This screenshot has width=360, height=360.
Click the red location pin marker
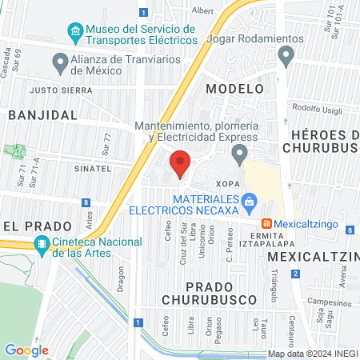pyautogui.click(x=180, y=163)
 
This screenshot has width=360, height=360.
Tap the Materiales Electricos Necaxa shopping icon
pyautogui.click(x=249, y=201)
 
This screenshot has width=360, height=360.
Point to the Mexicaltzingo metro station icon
pyautogui.click(x=267, y=223)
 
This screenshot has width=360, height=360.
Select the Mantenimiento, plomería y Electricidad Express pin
pyautogui.click(x=239, y=152)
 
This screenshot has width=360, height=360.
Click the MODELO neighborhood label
pyautogui.click(x=234, y=88)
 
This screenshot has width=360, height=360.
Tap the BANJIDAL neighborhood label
pyautogui.click(x=43, y=114)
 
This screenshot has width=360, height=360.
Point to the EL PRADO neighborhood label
pyautogui.click(x=26, y=225)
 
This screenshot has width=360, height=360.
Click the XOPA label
pyautogui.click(x=227, y=183)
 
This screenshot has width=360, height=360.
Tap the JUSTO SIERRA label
pyautogui.click(x=56, y=90)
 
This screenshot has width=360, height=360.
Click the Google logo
pyautogui.click(x=26, y=350)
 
